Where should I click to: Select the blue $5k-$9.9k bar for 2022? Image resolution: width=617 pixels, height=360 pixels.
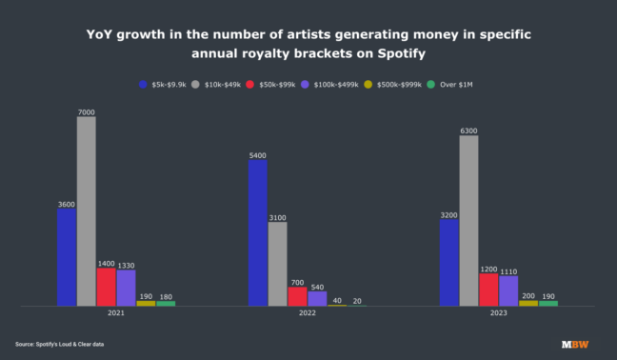pos(258,232)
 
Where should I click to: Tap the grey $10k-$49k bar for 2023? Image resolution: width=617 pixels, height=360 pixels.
pos(468,221)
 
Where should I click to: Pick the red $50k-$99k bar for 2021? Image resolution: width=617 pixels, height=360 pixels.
pos(106,287)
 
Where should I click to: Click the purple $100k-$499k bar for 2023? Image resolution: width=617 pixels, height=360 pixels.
pos(508,290)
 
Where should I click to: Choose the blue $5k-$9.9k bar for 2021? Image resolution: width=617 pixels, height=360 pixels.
pos(66,257)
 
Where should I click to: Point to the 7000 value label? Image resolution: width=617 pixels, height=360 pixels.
pos(86,111)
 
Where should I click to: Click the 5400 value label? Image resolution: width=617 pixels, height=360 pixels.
pos(258,154)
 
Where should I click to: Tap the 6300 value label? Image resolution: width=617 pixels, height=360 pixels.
pos(468,130)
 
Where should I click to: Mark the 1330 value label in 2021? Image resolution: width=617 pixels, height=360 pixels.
pos(126,265)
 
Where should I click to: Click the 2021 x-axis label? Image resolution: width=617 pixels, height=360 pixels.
pos(115,313)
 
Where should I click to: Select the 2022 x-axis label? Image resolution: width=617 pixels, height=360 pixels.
pos(308,313)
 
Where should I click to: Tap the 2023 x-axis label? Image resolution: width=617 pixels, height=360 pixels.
pos(499,313)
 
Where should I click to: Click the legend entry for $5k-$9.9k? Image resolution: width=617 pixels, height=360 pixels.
pos(162,84)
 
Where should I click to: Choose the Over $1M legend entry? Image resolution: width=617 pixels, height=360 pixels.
pos(448,84)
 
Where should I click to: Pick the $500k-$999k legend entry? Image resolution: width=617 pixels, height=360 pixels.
pos(393,84)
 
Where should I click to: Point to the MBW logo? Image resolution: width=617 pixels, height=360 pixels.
pos(574,343)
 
